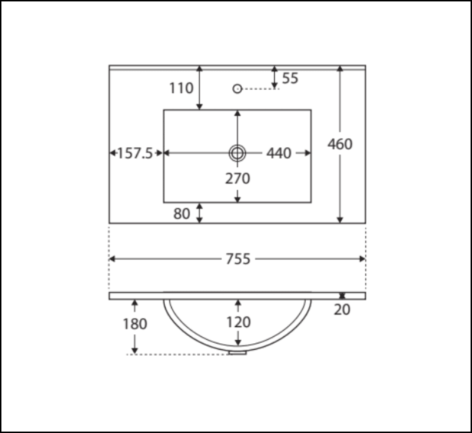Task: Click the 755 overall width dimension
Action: [x=238, y=259]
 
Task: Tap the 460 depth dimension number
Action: [x=340, y=144]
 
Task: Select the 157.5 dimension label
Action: [x=135, y=153]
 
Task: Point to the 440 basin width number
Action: [x=279, y=153]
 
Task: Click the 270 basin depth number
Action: [x=237, y=178]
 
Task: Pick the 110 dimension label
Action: [x=181, y=88]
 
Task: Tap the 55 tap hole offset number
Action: [x=290, y=78]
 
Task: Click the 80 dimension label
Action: [x=182, y=214]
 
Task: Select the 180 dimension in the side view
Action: [x=135, y=324]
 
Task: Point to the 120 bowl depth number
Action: [x=238, y=322]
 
